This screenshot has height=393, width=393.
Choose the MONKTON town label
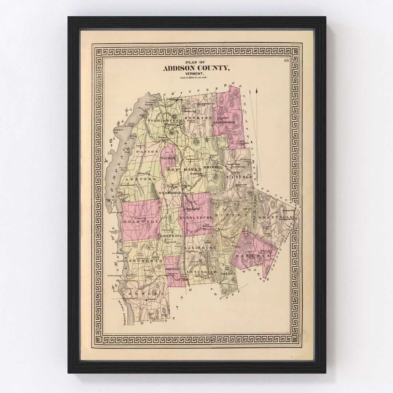click(x=198, y=119)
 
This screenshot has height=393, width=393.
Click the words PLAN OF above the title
click(x=196, y=62)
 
